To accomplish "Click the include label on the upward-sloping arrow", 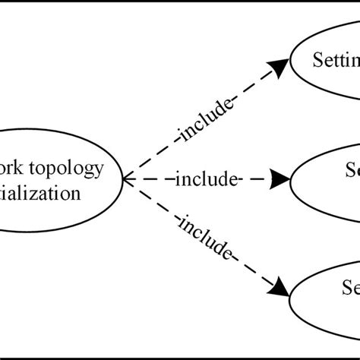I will coord(204,122).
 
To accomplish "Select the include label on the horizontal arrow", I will coord(207,180).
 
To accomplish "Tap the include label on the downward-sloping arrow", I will coord(205,238).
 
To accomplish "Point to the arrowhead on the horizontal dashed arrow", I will coord(280,180).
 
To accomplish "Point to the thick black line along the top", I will coord(180,2).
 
